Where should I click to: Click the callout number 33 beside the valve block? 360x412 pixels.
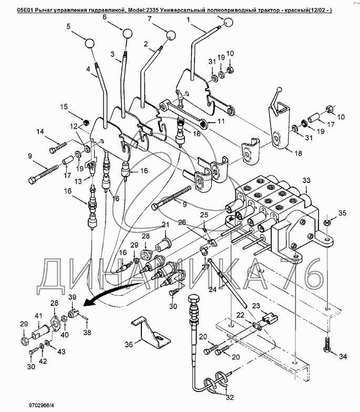(x=306, y=180)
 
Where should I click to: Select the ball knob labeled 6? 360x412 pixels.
(x=127, y=34)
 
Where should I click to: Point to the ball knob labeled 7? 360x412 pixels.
(x=172, y=36)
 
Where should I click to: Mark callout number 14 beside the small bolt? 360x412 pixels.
(x=40, y=133)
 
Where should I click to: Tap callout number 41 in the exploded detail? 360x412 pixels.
(x=38, y=316)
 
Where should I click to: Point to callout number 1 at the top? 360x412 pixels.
(x=189, y=20)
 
